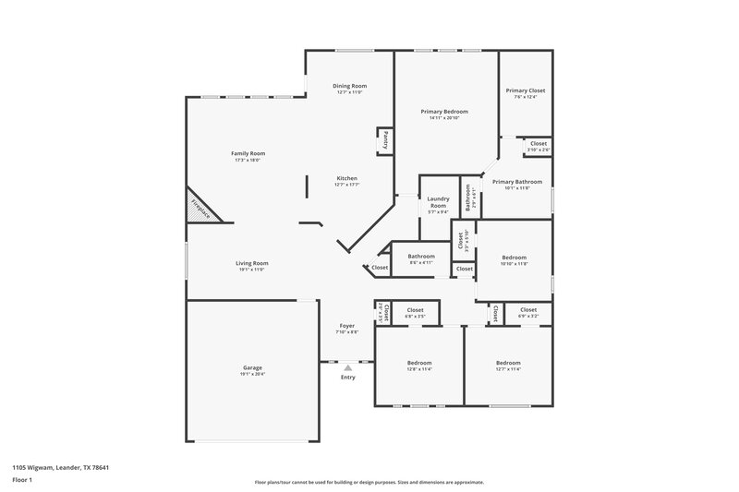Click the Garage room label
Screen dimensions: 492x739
point(252,367)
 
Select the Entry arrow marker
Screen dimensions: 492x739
point(347,367)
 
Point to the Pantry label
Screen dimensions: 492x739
point(385,140)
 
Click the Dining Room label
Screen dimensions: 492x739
point(349,86)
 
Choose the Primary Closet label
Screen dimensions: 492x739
point(525,90)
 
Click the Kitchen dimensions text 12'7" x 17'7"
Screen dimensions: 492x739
point(346,185)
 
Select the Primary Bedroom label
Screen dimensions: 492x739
point(444,112)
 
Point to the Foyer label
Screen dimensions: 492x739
point(346,326)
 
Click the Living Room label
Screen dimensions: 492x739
point(252,263)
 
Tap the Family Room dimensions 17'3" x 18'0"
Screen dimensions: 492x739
point(248,160)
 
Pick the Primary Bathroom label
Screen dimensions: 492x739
point(516,182)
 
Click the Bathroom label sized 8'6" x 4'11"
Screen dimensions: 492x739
point(421,256)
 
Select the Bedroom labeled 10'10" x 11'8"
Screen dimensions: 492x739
point(514,258)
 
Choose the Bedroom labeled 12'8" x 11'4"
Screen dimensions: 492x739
point(419,363)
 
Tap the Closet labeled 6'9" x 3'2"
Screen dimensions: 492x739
point(527,310)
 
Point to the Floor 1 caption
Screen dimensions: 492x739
point(22,480)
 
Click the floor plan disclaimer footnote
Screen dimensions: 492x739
point(369,482)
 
